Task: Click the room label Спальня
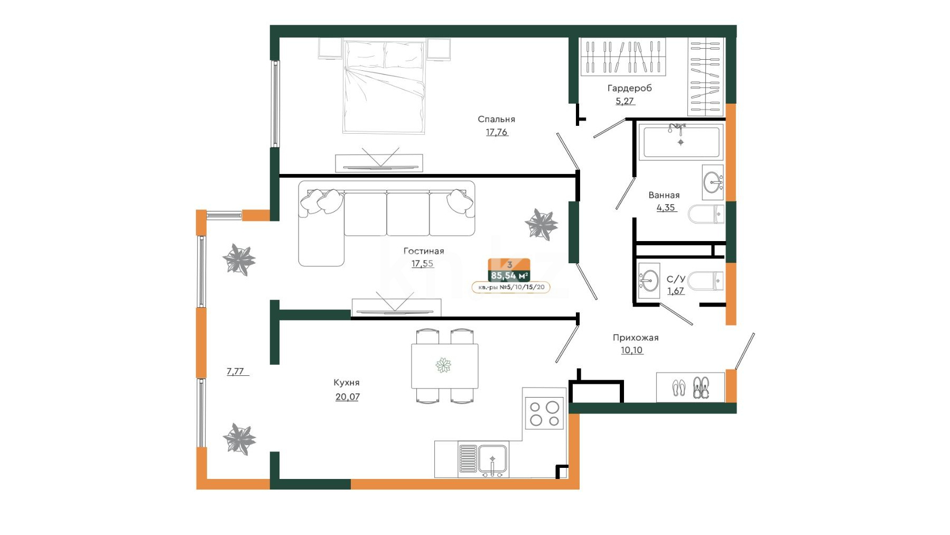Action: tap(496, 119)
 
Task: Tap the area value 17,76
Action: tap(497, 132)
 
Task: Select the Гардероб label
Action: tap(629, 88)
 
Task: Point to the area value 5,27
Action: tap(625, 101)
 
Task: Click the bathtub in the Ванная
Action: tap(681, 142)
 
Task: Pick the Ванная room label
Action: tap(664, 195)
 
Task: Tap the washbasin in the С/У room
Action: tap(648, 281)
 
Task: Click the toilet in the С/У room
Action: tap(705, 281)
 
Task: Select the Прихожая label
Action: tap(636, 338)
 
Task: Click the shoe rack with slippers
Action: tap(690, 388)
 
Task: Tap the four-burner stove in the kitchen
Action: tap(544, 413)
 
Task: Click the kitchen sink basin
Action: tap(492, 458)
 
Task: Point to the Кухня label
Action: tap(346, 383)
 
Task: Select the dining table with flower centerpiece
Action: tap(445, 366)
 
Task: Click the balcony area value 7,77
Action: tap(235, 371)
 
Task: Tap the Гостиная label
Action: tap(424, 251)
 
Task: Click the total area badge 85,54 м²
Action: tap(509, 275)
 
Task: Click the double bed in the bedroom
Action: tap(384, 87)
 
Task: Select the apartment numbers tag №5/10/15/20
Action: tap(510, 287)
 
